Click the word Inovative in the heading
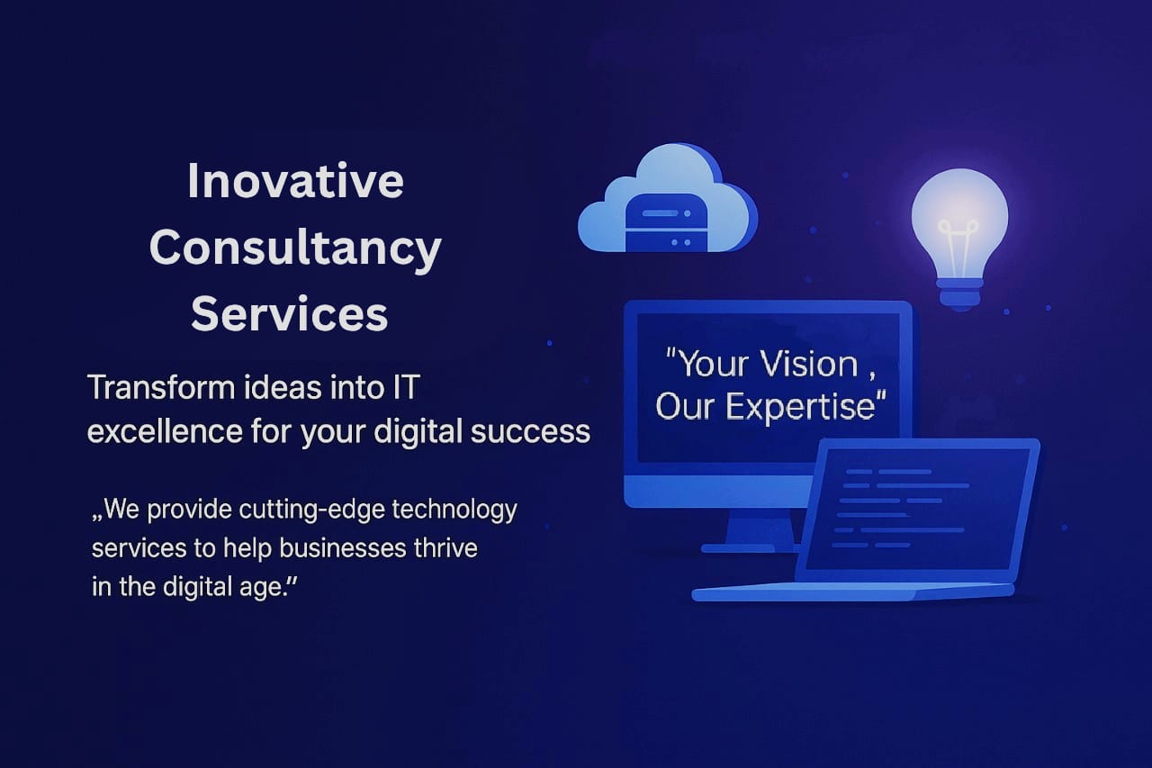(x=295, y=181)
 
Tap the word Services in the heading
(x=289, y=314)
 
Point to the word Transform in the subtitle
(x=161, y=387)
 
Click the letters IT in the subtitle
(x=406, y=387)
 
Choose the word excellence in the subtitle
(x=165, y=431)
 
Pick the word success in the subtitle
(x=530, y=432)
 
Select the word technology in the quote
(x=454, y=510)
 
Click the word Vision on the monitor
(x=809, y=365)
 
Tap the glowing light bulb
(x=959, y=239)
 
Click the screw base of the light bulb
(x=959, y=294)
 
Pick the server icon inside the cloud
(x=666, y=222)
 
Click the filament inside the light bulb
(x=958, y=247)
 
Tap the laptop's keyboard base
(x=853, y=592)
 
